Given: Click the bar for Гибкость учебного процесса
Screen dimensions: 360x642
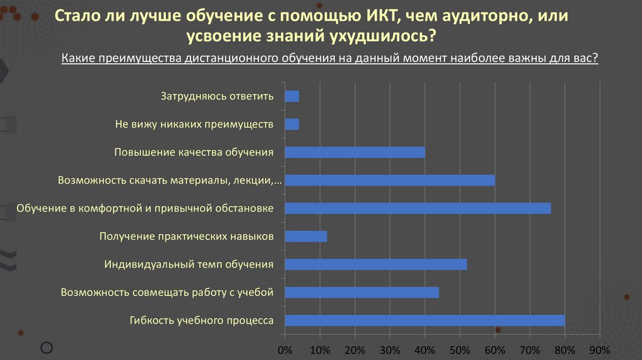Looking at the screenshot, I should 424,320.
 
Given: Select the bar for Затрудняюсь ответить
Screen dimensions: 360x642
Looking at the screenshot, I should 292,96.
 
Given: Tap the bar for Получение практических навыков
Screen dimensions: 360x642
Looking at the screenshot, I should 306,236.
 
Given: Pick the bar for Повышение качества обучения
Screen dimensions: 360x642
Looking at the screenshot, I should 355,152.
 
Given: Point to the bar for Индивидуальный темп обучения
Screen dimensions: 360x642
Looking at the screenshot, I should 376,265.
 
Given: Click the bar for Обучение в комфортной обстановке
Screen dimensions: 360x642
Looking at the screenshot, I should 418,208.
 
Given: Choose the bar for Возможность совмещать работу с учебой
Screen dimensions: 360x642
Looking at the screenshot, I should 362,292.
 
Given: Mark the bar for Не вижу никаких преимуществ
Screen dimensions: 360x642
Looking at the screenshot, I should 292,124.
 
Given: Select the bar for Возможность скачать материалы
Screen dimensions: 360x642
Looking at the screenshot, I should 389,181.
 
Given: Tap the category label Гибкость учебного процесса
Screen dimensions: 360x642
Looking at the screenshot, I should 201,320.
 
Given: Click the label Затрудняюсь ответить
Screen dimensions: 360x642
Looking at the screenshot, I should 217,96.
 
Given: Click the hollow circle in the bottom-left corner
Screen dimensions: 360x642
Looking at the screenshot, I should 46,347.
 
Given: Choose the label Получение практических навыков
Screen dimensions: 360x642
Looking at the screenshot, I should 186,236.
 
